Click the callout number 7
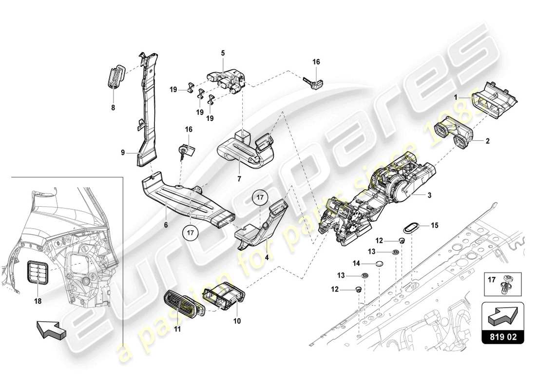(239, 179)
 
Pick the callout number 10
(237, 321)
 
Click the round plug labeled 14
(380, 264)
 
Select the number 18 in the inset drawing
(38, 301)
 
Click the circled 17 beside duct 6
(191, 233)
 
